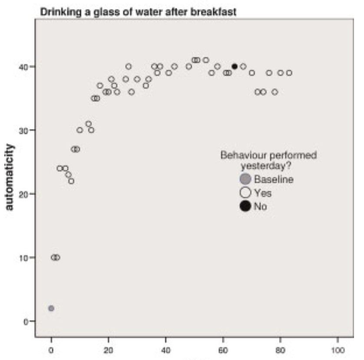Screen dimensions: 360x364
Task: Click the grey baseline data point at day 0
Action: (51, 308)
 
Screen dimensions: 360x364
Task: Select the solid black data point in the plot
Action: (235, 66)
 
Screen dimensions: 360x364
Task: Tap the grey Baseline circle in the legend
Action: (245, 179)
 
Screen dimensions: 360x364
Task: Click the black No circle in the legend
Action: (245, 206)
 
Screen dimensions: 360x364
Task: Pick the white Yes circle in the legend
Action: (245, 193)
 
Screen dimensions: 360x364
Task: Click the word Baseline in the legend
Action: (274, 179)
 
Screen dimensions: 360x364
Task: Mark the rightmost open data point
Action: (289, 73)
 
